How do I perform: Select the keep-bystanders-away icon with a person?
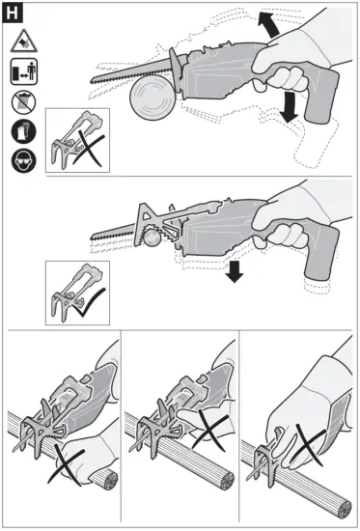click(26, 71)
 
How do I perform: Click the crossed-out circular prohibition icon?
click(26, 101)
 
